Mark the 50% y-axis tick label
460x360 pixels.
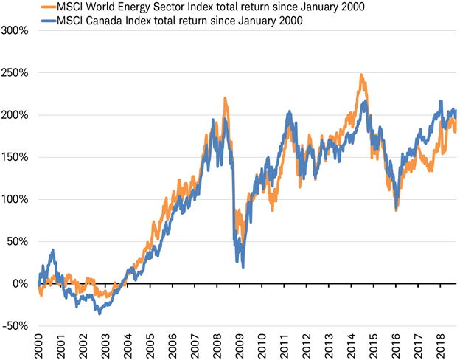18,241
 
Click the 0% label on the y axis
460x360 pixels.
21,283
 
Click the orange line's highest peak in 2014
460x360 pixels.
361,75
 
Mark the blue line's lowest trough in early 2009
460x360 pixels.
243,266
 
